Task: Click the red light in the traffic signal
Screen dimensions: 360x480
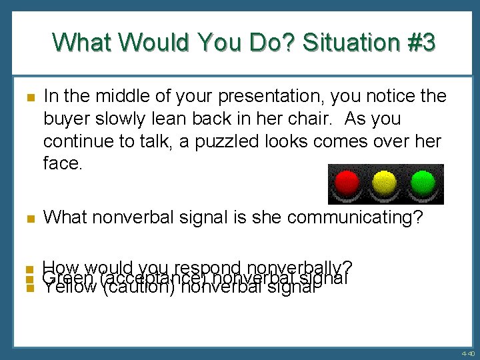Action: click(345, 182)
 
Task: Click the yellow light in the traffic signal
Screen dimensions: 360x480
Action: click(383, 182)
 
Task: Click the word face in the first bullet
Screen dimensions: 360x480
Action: click(61, 163)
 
